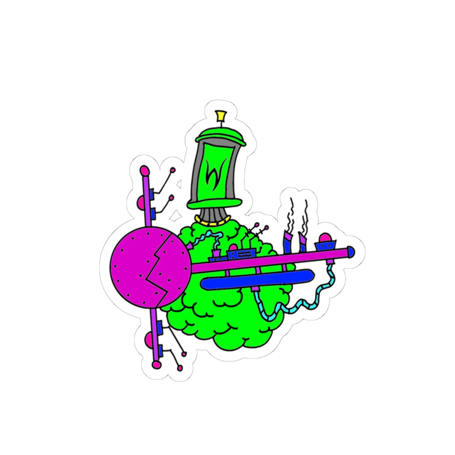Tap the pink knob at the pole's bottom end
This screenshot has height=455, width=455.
tap(156, 365)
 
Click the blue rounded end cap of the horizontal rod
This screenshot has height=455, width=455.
tap(351, 251)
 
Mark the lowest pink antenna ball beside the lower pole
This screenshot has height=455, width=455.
tap(180, 368)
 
